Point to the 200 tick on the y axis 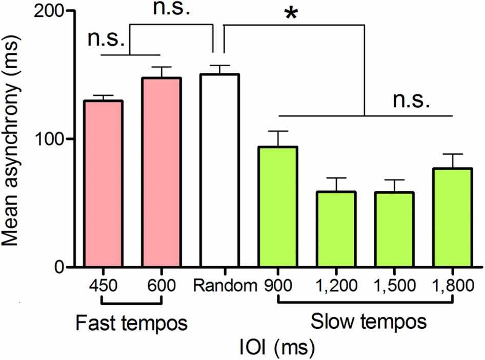[51, 11]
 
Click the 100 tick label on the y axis [51, 139]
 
